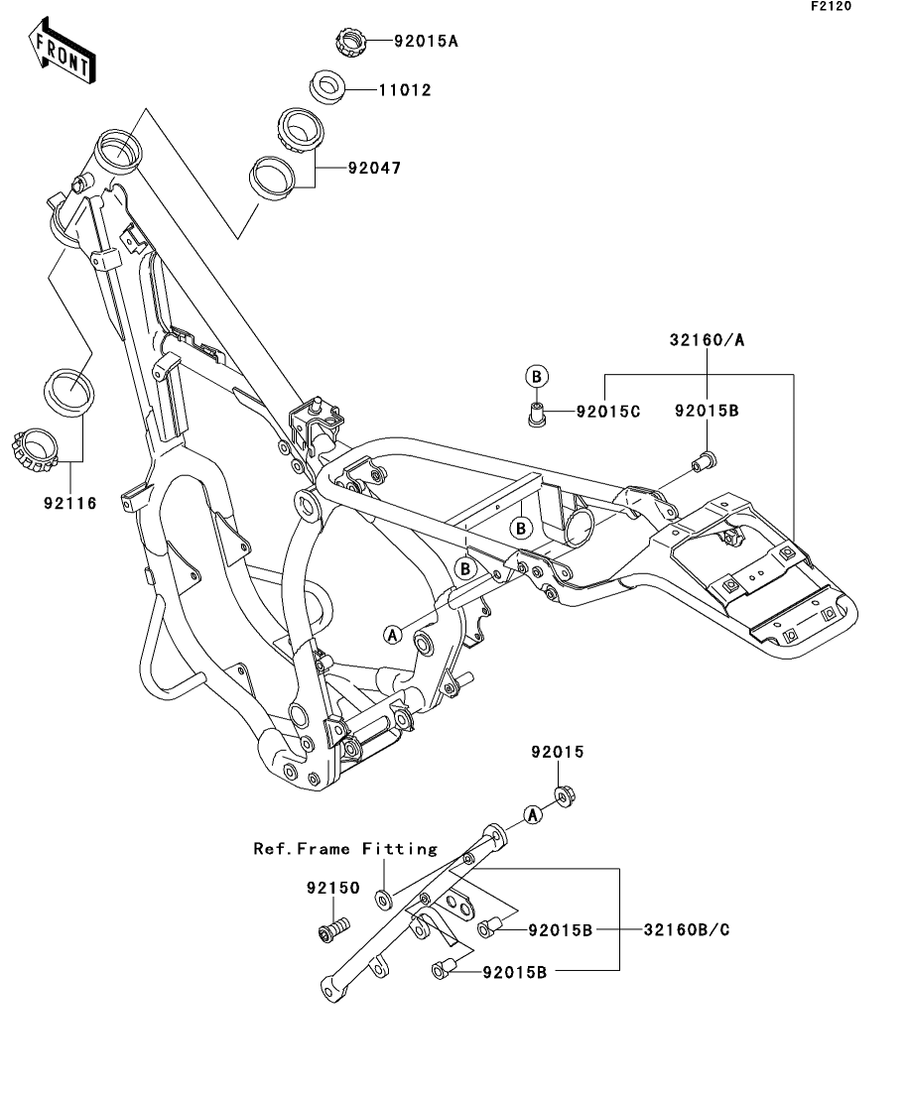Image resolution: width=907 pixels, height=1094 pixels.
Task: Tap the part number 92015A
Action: coord(428,42)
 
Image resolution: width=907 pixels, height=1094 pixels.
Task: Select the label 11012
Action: coord(404,90)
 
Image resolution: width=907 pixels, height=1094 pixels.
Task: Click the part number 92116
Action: coord(69,504)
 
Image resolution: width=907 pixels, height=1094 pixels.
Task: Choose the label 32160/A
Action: coord(706,340)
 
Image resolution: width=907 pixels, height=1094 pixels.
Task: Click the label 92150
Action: coord(334,890)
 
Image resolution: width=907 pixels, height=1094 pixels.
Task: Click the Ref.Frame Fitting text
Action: coord(345,849)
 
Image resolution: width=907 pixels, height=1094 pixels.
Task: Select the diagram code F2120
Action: coord(832,6)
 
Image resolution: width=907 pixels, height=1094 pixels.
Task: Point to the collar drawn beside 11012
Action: coord(328,86)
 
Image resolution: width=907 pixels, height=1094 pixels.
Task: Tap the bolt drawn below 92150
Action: coord(331,931)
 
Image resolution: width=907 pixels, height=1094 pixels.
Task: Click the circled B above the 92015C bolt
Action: coord(535,376)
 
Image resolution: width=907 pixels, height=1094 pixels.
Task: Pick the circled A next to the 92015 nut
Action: coord(533,814)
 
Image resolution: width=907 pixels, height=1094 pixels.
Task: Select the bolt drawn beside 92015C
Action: coord(537,410)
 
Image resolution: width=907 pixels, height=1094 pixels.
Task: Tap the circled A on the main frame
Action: coord(393,634)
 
